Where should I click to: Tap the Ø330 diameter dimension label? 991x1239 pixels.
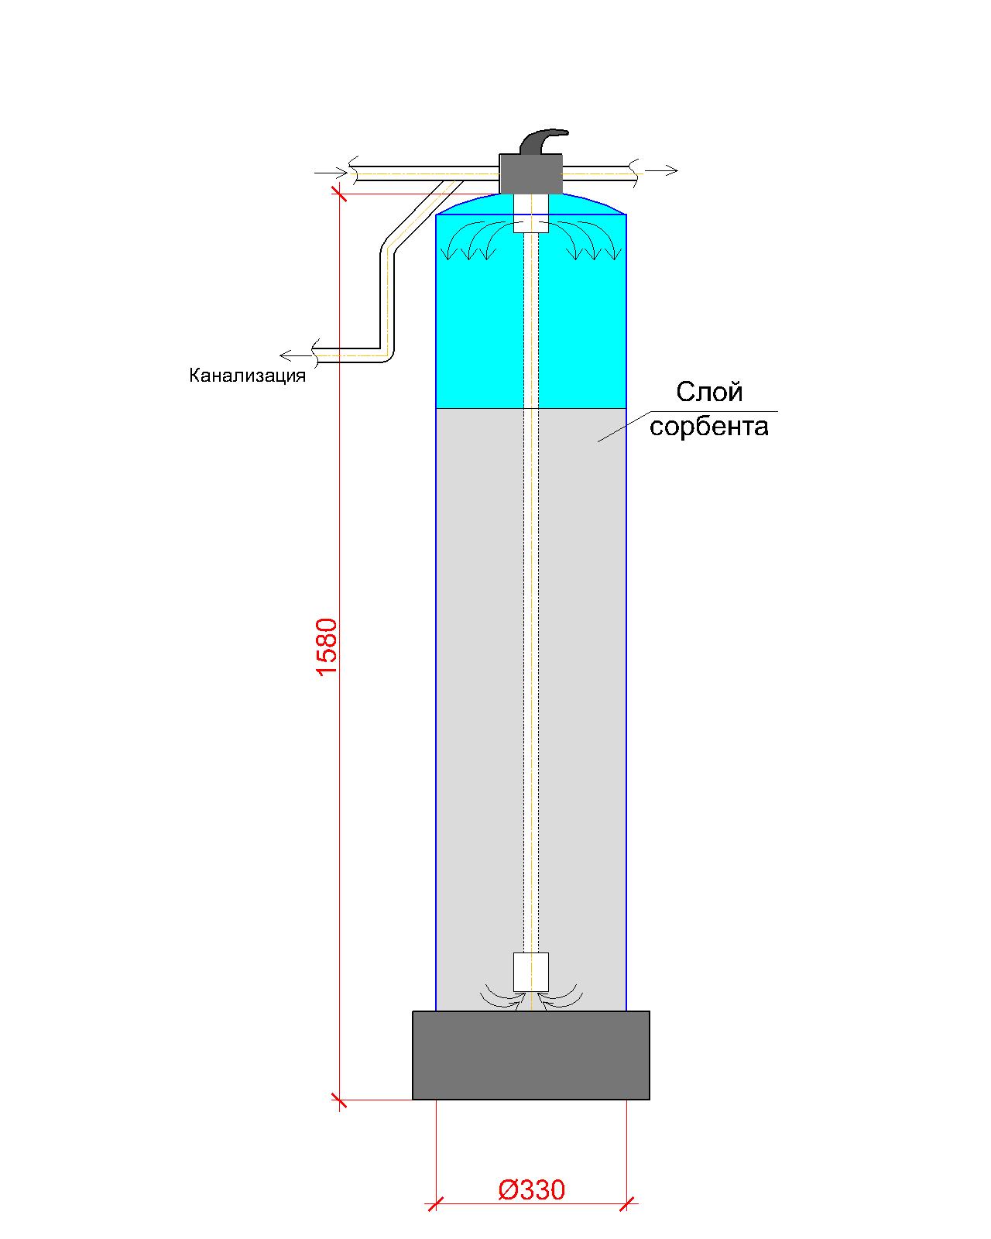pos(531,1189)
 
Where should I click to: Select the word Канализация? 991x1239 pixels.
pos(247,376)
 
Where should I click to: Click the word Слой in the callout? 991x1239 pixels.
pos(709,392)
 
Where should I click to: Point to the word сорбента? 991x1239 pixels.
pos(709,427)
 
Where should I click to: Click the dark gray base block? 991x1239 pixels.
pos(531,1055)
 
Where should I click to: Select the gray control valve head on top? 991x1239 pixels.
pos(531,173)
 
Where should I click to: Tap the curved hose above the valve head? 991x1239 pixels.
pos(544,140)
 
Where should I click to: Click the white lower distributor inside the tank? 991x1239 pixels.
pos(531,972)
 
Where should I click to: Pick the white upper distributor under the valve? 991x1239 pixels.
pos(531,213)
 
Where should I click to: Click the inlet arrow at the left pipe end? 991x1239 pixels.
pos(331,172)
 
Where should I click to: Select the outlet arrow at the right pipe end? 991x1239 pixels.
pos(661,170)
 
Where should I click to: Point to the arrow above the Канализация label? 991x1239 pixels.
pos(296,355)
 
